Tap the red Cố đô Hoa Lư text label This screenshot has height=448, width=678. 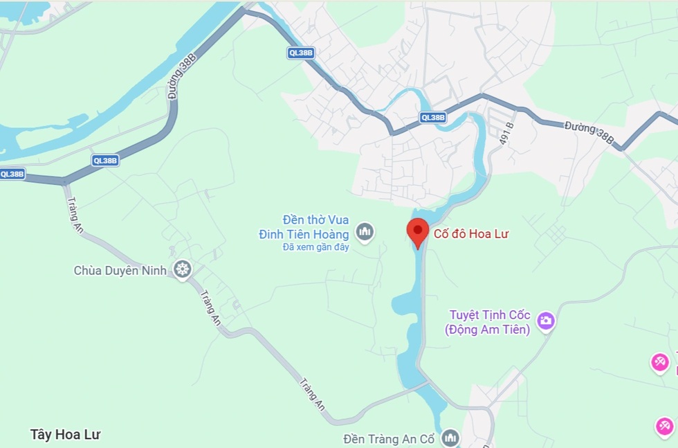coord(470,234)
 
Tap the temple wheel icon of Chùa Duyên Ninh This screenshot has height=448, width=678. coord(183,269)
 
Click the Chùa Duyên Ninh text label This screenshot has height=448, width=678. coord(120,270)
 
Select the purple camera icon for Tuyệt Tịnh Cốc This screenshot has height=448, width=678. coord(547,320)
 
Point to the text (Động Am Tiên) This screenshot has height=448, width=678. coord(488,330)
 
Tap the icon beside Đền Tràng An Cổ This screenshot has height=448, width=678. coord(451,438)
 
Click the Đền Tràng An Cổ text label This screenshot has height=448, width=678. coord(392,439)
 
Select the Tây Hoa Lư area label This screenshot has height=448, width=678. coord(66,435)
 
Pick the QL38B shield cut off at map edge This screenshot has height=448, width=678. coord(12,174)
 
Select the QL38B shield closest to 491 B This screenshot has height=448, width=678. coord(433,118)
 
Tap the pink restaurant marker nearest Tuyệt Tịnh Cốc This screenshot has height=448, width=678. coord(660,361)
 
